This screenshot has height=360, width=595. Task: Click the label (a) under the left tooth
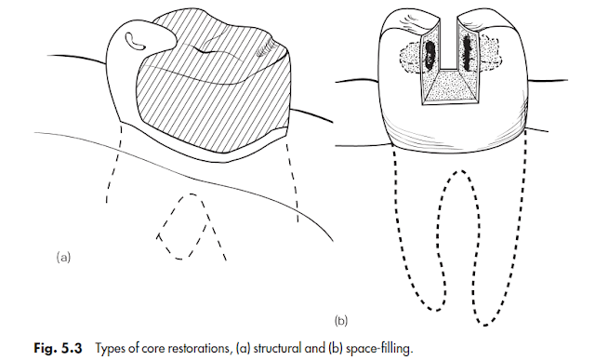(x=63, y=253)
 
